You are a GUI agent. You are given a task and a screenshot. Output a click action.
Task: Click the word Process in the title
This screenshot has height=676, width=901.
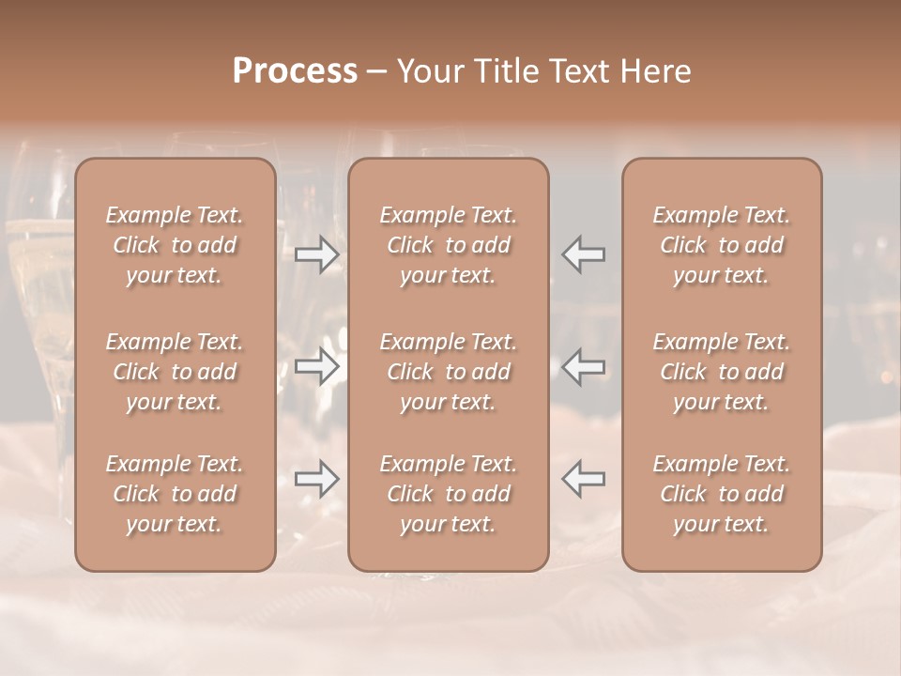(x=295, y=71)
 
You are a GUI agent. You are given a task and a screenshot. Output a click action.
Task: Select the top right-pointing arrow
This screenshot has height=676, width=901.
(x=317, y=254)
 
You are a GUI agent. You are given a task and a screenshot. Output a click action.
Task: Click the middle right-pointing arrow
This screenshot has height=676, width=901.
(x=317, y=367)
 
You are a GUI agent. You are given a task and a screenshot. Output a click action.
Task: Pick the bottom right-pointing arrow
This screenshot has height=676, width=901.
(x=317, y=479)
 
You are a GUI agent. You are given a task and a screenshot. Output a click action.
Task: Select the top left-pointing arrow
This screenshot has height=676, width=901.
(x=583, y=254)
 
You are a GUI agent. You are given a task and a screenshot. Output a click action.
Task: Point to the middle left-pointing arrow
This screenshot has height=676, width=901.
(x=583, y=367)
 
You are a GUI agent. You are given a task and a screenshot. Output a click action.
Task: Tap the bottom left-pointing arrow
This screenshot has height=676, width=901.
(x=583, y=479)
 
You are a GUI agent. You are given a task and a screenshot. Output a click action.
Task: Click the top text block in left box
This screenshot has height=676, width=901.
(x=175, y=245)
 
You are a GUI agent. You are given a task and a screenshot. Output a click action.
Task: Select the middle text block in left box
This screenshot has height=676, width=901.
(x=175, y=372)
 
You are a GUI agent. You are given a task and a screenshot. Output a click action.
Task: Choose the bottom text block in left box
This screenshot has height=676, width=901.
(x=175, y=494)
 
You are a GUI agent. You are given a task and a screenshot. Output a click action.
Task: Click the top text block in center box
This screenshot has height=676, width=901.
(x=449, y=245)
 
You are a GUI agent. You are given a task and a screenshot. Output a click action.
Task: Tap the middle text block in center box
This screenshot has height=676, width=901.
(x=449, y=372)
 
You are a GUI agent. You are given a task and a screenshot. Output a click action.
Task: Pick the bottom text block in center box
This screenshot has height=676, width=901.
(x=449, y=494)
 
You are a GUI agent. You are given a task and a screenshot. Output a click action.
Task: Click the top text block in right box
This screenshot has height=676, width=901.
(x=722, y=245)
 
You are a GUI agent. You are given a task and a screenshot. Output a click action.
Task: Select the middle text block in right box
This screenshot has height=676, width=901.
(x=722, y=372)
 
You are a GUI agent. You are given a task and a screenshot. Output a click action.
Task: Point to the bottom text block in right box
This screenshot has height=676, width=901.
(x=722, y=494)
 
